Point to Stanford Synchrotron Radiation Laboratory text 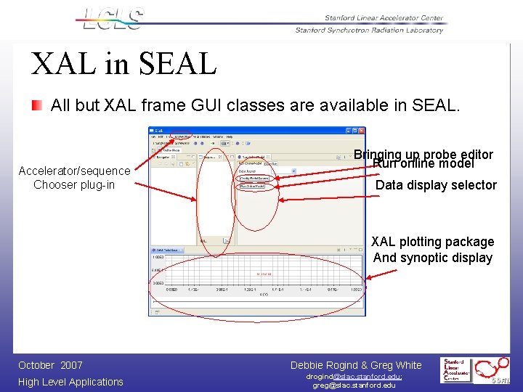pos(369,30)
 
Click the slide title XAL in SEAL pos(123,63)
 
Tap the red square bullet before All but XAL pos(37,105)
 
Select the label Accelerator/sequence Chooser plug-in pos(74,178)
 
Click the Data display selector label pos(436,185)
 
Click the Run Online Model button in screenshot pos(252,187)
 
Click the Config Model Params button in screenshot pos(254,178)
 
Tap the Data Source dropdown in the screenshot pos(254,170)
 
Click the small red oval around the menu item pos(178,136)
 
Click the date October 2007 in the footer pos(50,365)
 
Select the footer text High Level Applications pos(70,382)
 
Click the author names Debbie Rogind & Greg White pos(356,365)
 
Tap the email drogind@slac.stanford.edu pos(354,377)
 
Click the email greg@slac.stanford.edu pos(354,385)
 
